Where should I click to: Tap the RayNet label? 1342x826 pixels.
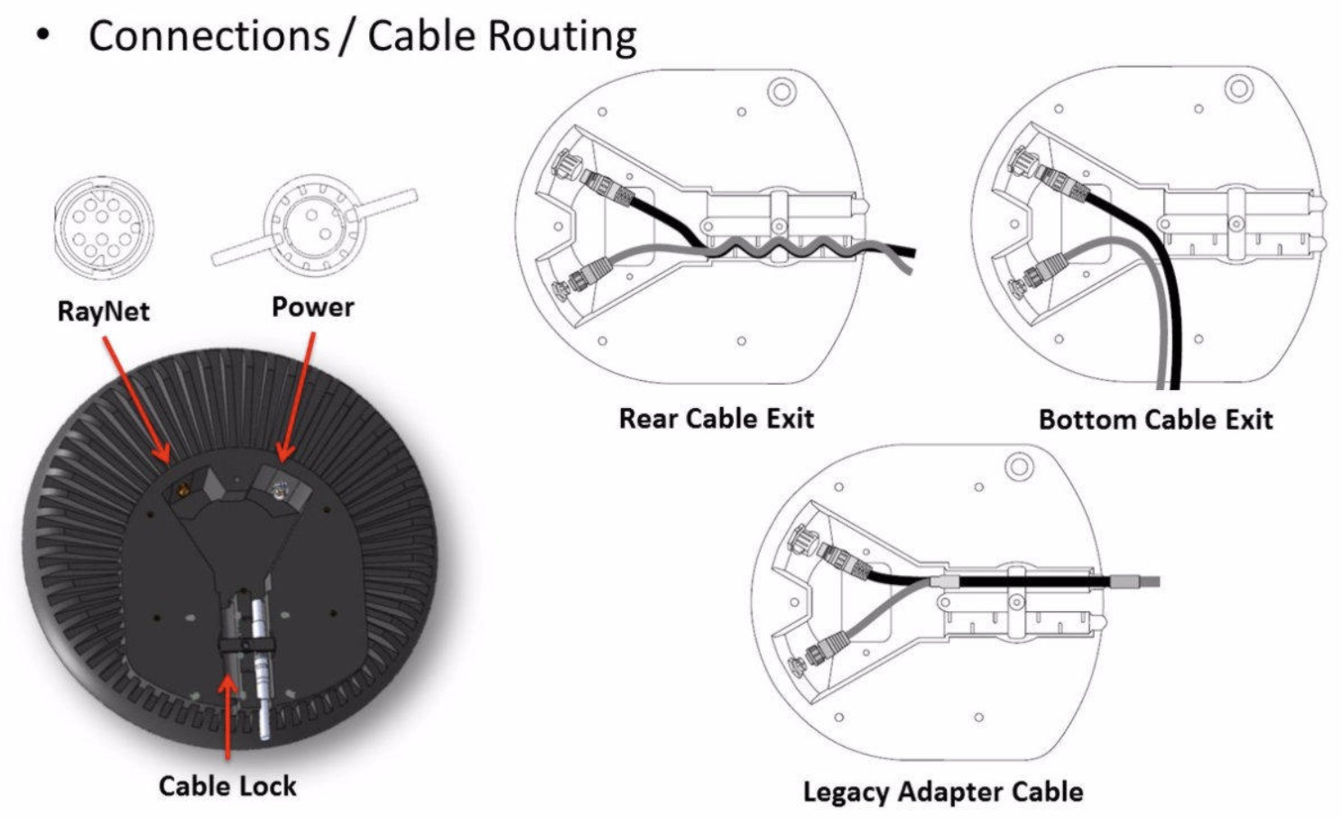pyautogui.click(x=103, y=311)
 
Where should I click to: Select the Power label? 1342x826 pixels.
pyautogui.click(x=312, y=307)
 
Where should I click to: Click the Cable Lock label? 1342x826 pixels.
pyautogui.click(x=227, y=786)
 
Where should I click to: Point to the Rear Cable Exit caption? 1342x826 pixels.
pyautogui.click(x=717, y=419)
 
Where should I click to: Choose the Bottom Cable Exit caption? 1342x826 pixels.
pyautogui.click(x=1155, y=420)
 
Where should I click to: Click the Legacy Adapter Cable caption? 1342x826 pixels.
pyautogui.click(x=943, y=793)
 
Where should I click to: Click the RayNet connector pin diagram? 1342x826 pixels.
pyautogui.click(x=104, y=225)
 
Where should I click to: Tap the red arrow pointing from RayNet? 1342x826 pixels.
pyautogui.click(x=135, y=397)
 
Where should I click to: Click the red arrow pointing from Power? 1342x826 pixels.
pyautogui.click(x=298, y=397)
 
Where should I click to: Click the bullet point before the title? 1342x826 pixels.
pyautogui.click(x=42, y=37)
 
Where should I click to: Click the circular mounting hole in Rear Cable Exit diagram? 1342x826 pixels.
pyautogui.click(x=781, y=91)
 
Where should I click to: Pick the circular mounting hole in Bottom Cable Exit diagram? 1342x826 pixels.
pyautogui.click(x=1238, y=88)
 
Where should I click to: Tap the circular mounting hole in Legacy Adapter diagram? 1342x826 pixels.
pyautogui.click(x=1019, y=467)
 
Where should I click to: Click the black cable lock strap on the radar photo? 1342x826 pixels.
pyautogui.click(x=245, y=645)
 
